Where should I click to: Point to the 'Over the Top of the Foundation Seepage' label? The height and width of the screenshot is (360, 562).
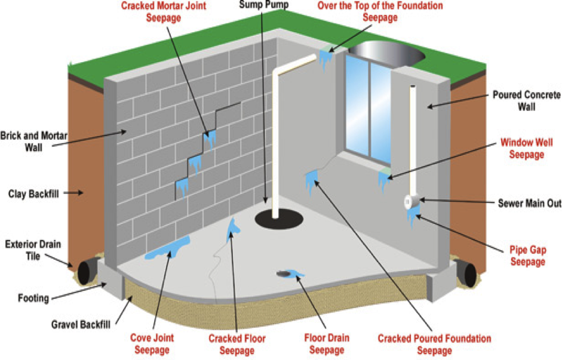tap(380, 11)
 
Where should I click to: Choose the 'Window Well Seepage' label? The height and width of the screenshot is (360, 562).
tap(526, 149)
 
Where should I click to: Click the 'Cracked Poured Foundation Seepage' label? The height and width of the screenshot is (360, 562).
tap(434, 344)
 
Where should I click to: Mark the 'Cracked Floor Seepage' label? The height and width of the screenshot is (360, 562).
tap(237, 344)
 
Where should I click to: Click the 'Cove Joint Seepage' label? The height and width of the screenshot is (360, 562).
tap(152, 343)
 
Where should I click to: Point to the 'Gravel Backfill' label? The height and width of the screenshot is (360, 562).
tap(80, 325)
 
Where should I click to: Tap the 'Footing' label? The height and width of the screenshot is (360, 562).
tap(33, 297)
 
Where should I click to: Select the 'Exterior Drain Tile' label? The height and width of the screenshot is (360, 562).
tap(33, 250)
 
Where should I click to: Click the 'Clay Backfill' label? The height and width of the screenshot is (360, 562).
tap(33, 193)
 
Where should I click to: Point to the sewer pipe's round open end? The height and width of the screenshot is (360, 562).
tap(410, 202)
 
